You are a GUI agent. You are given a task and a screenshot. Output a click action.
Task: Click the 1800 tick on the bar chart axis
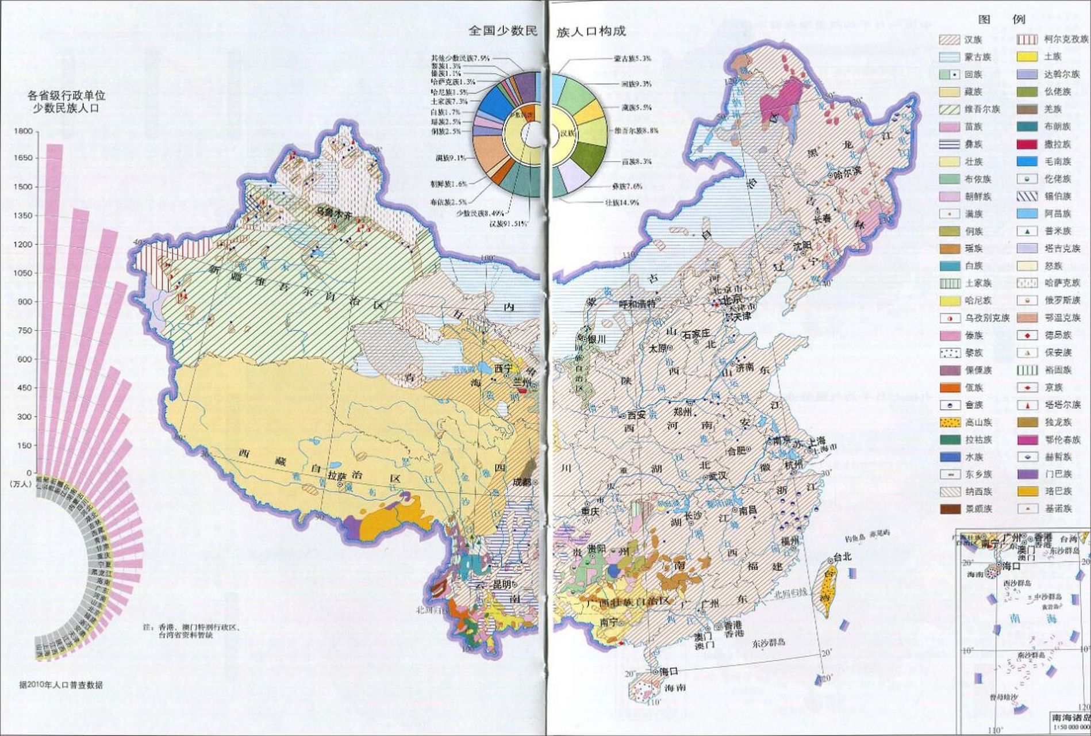click(24, 131)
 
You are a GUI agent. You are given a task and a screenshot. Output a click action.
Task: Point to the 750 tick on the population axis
click(25, 330)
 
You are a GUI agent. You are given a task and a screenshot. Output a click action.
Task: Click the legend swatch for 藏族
click(949, 92)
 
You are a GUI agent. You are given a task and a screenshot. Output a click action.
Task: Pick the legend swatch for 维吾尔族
click(949, 109)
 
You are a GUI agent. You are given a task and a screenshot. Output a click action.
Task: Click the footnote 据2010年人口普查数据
click(61, 685)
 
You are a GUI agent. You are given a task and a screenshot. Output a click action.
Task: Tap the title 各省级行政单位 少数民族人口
click(67, 101)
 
